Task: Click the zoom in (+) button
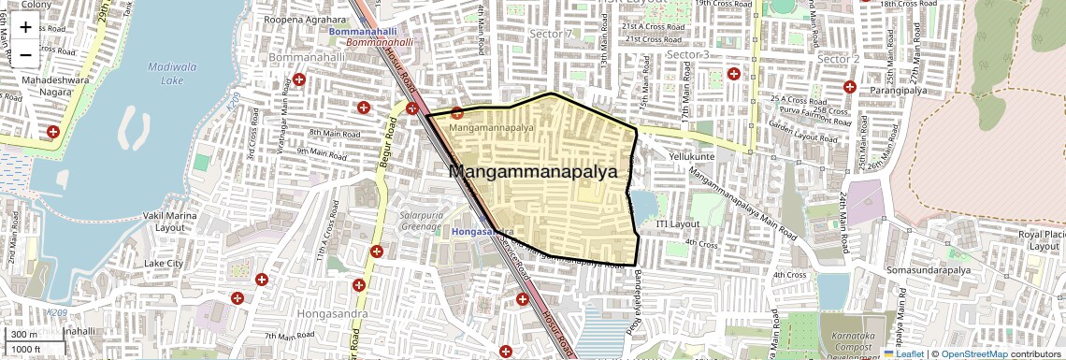click(25, 27)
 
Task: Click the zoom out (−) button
click(25, 54)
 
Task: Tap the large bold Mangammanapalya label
click(534, 172)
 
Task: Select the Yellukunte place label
click(691, 157)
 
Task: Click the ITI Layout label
click(678, 224)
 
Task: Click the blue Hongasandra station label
click(483, 231)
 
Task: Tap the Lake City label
click(164, 264)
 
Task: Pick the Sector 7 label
click(550, 35)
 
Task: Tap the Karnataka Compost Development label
click(849, 346)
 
